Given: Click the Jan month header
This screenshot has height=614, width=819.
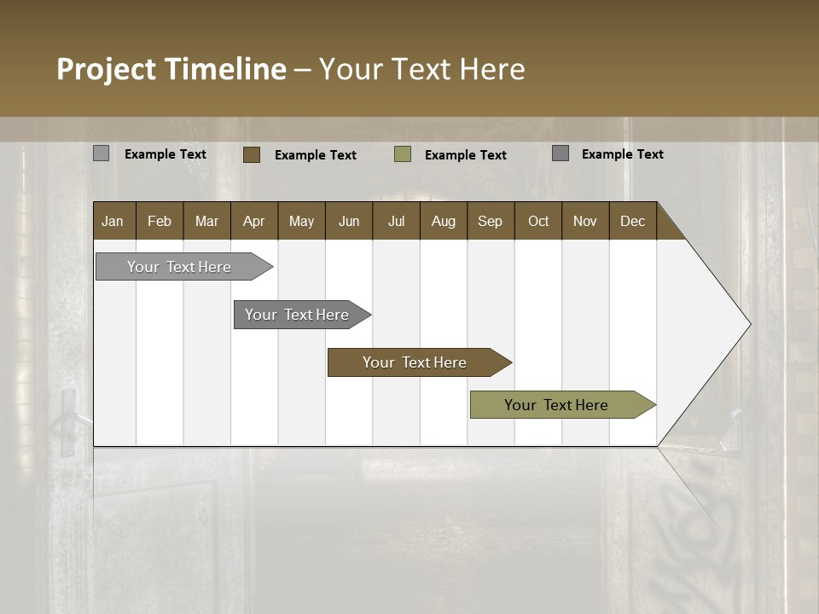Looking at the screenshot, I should pyautogui.click(x=113, y=221).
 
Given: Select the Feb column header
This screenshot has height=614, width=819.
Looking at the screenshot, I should pyautogui.click(x=160, y=221).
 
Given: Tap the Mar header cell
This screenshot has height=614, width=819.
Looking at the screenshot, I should pyautogui.click(x=206, y=221).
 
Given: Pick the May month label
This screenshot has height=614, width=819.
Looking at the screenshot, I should pyautogui.click(x=301, y=221).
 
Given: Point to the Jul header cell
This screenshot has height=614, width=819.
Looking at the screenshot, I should pyautogui.click(x=396, y=221).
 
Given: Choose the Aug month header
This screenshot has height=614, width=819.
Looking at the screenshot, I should pyautogui.click(x=443, y=221).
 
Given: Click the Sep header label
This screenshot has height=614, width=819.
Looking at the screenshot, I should pyautogui.click(x=490, y=221).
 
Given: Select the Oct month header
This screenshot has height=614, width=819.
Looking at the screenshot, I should pyautogui.click(x=537, y=221).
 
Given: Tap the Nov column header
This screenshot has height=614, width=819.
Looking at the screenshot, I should pyautogui.click(x=584, y=221).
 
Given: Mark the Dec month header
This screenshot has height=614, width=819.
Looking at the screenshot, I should pyautogui.click(x=632, y=221).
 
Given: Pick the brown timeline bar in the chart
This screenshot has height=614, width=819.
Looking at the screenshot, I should pyautogui.click(x=415, y=362).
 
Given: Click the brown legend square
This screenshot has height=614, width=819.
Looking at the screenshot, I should pyautogui.click(x=252, y=154).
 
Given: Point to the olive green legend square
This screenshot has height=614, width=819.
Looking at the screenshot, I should pyautogui.click(x=403, y=154).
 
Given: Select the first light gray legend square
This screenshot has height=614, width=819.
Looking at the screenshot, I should pyautogui.click(x=102, y=153).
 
